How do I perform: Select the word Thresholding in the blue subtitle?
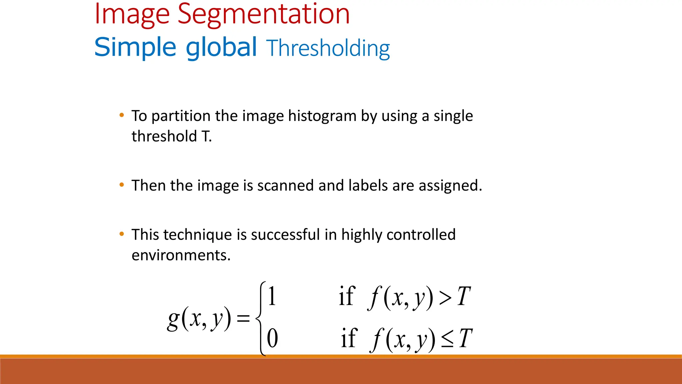point(328,48)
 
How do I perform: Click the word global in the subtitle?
point(221,47)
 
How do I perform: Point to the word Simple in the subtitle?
point(135,47)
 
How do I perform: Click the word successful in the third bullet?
point(285,235)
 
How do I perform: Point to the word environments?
point(181,255)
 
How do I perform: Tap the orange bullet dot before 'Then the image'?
point(122,185)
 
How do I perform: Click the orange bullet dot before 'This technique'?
point(122,234)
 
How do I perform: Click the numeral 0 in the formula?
point(272,338)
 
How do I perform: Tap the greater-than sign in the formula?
point(445,298)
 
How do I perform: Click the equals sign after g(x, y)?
point(243,318)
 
